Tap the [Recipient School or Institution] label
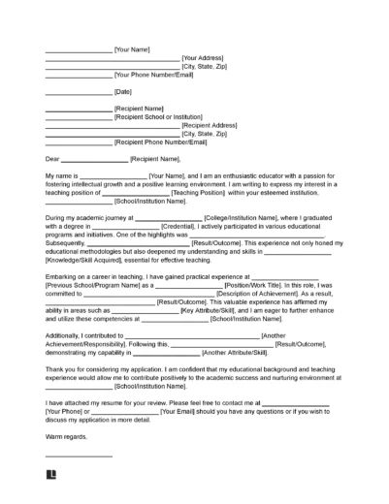click(x=165, y=117)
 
